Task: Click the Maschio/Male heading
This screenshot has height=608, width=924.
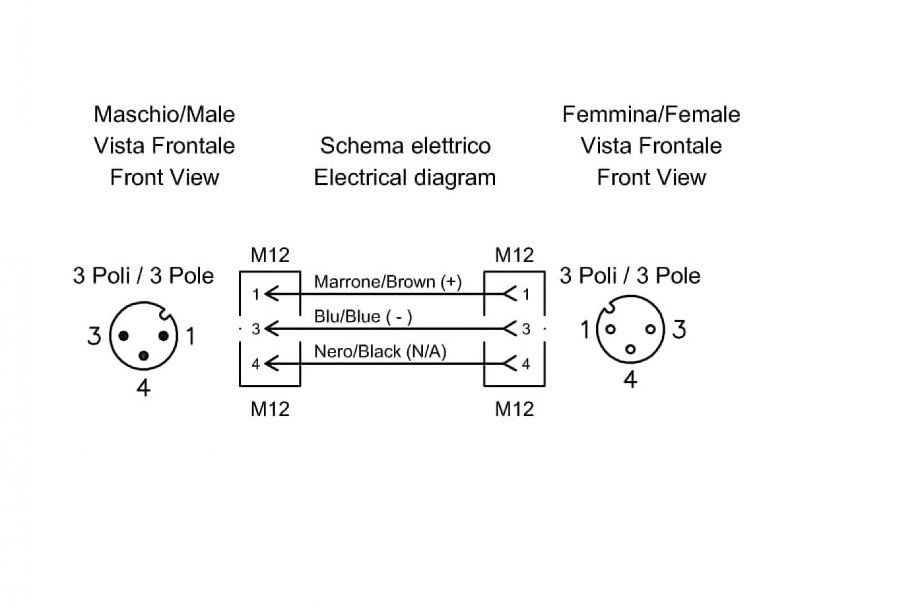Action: pyautogui.click(x=164, y=114)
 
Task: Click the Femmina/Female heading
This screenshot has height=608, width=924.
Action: pyautogui.click(x=651, y=114)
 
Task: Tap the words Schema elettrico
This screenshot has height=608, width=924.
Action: pyautogui.click(x=405, y=146)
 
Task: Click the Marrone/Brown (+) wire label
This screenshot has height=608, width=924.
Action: pyautogui.click(x=387, y=282)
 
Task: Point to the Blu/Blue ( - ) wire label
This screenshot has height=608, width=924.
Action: pyautogui.click(x=363, y=317)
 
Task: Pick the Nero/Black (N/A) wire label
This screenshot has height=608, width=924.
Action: pyautogui.click(x=380, y=351)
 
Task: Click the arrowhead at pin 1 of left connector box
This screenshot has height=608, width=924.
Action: pyautogui.click(x=271, y=294)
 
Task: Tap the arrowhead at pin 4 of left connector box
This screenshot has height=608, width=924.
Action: pyautogui.click(x=271, y=364)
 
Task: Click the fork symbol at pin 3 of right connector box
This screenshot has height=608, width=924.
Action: pyautogui.click(x=510, y=329)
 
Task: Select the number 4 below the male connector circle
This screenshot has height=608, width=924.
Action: pyautogui.click(x=143, y=388)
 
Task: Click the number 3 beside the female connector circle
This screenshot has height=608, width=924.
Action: pyautogui.click(x=679, y=329)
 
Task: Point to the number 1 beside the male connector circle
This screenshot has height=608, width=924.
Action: pyautogui.click(x=191, y=336)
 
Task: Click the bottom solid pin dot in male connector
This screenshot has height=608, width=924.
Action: pyautogui.click(x=144, y=356)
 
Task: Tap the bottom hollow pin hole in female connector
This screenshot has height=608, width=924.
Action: pyautogui.click(x=630, y=349)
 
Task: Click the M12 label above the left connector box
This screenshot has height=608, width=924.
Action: pyautogui.click(x=270, y=255)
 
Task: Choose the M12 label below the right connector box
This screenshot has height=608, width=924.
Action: pyautogui.click(x=514, y=409)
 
